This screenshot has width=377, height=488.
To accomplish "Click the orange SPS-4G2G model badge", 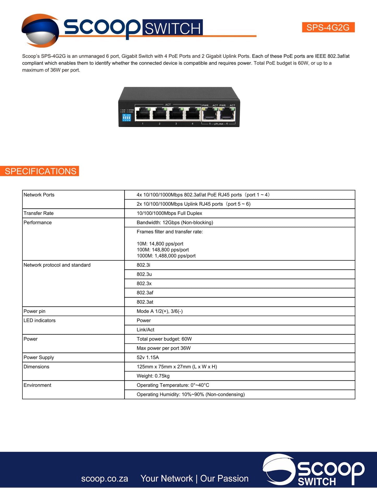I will (x=328, y=27).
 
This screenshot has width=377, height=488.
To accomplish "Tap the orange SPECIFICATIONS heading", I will (x=40, y=171).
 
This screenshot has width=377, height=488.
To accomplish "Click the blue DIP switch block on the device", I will (x=127, y=118).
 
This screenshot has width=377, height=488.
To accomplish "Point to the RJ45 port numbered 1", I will (x=143, y=114).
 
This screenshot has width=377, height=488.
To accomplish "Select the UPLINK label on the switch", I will (x=218, y=124).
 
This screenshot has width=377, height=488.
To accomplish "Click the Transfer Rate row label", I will (x=39, y=213).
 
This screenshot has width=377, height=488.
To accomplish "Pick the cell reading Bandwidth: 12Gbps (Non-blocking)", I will (x=175, y=223).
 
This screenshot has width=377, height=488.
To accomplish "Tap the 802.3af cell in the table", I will (x=145, y=293).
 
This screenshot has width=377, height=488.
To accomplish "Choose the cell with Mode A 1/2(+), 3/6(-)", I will (x=160, y=311).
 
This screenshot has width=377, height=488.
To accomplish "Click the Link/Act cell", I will (x=146, y=330).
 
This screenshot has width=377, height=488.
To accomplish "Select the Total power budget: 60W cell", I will (x=164, y=339).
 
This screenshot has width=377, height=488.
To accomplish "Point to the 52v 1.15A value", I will (x=148, y=358).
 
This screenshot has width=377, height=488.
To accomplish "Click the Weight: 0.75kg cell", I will (x=153, y=376).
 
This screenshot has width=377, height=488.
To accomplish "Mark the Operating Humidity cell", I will (x=191, y=395).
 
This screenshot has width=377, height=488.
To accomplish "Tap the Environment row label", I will (x=37, y=385).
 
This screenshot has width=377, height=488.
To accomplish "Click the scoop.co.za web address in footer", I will (x=104, y=479).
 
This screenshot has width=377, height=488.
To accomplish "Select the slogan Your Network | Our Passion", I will (x=194, y=479).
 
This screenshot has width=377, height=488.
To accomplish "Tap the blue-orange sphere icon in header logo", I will (x=40, y=31).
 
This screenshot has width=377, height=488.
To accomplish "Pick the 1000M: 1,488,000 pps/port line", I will (x=166, y=256).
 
